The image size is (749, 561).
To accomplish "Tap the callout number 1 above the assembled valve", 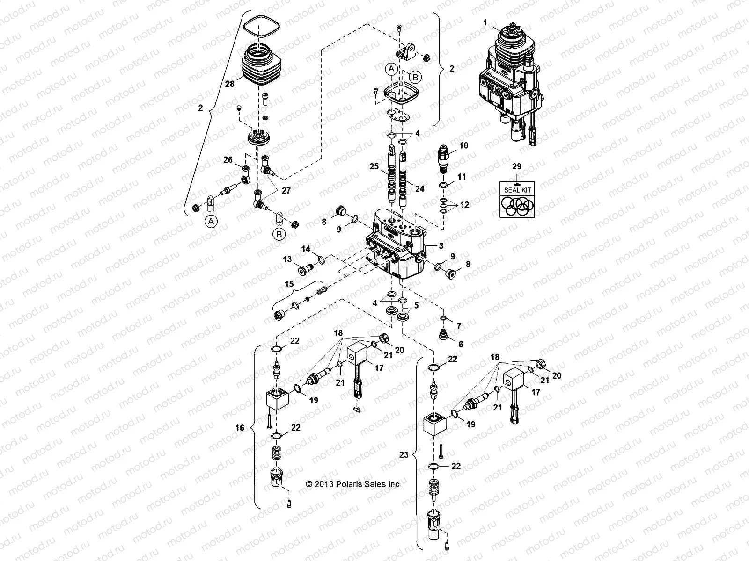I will (485, 22).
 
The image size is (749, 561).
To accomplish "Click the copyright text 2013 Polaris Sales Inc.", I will (354, 484).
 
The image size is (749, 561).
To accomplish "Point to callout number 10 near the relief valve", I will (463, 146).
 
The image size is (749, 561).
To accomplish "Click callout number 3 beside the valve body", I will (441, 245).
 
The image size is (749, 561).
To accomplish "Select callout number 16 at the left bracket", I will (240, 428).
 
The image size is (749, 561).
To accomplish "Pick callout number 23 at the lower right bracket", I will (404, 454).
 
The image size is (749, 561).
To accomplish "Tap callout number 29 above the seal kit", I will (516, 166).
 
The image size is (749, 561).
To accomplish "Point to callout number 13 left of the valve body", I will (287, 259).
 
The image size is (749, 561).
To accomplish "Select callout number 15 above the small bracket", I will (289, 284).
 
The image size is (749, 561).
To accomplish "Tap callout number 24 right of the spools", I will (419, 189).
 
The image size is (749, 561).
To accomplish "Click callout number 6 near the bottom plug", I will (461, 344).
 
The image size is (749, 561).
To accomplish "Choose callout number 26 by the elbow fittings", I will (228, 160).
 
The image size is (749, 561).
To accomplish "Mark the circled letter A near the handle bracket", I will (392, 69).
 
